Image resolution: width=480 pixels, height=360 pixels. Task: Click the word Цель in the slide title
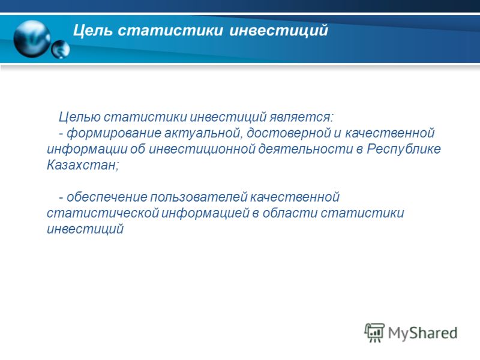[x=92, y=31]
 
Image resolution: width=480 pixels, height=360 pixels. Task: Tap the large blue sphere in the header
[x=32, y=39]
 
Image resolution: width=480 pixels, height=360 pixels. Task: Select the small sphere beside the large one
[x=61, y=49]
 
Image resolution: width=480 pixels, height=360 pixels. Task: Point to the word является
[x=301, y=117]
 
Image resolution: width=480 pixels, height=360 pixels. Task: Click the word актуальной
[x=203, y=133]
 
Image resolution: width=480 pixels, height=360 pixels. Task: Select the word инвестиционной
[x=202, y=149]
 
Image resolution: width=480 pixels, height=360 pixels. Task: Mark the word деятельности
[x=305, y=149]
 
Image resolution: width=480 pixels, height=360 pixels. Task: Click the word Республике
[x=404, y=149]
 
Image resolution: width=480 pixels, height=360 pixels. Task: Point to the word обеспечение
[x=107, y=197]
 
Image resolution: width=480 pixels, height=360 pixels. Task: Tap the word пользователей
[x=199, y=197]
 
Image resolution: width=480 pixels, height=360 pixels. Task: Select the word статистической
[x=103, y=213]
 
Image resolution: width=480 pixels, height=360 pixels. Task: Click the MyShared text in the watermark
[x=422, y=333]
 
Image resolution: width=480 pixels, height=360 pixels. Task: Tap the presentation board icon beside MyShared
[x=374, y=332]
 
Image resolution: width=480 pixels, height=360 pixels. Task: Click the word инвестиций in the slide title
[x=278, y=31]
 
